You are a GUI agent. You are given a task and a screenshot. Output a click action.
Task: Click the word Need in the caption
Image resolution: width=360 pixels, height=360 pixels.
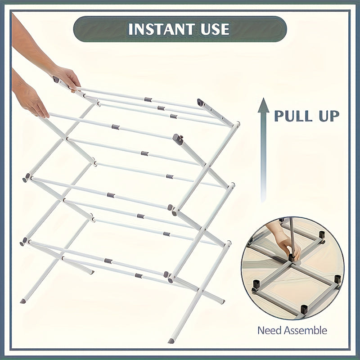269,330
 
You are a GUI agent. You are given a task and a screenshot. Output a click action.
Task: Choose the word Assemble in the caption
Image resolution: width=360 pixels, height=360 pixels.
305,330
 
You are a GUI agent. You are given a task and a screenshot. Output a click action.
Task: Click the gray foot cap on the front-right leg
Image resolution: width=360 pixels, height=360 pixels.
171,341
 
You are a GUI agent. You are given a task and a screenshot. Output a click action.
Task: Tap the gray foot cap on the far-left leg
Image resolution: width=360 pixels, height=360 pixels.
22,301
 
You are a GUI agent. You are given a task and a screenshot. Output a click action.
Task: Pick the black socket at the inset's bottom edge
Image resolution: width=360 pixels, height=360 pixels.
304,309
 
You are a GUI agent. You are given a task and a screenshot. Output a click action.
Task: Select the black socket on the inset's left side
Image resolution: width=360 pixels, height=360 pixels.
256,284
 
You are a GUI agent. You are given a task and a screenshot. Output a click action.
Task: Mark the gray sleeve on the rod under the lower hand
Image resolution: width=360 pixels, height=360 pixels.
116,127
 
